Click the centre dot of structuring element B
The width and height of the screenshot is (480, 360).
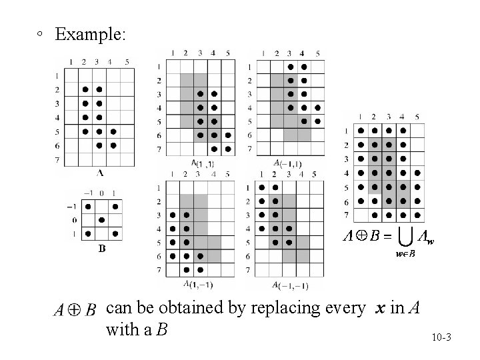pos(101,220)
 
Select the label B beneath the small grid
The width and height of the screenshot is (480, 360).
pos(101,249)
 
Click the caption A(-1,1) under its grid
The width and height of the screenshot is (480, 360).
pos(289,163)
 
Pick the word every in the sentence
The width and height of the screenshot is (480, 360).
pos(343,309)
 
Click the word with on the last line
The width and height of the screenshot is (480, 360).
pos(121,329)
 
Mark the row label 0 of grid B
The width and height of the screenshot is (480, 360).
pos(74,220)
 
